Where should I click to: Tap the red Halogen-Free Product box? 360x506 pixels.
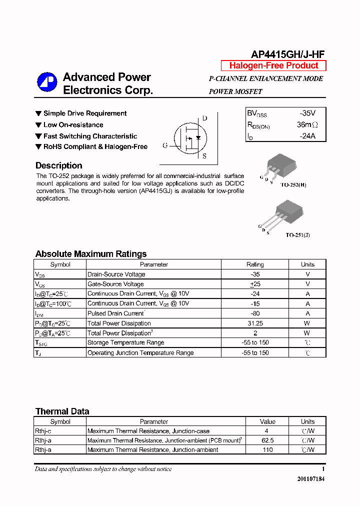[x=273, y=65]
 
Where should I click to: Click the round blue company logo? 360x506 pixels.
[x=47, y=83]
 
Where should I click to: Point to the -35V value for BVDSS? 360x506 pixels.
[x=307, y=113]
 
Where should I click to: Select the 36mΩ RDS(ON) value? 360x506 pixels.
[x=306, y=124]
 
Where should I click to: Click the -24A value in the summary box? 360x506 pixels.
[x=307, y=135]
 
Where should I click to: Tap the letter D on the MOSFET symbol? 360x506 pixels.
[x=204, y=118]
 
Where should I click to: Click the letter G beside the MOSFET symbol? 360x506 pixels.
[x=164, y=145]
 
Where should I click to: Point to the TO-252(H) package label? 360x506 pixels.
[x=293, y=184]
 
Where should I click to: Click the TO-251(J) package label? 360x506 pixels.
[x=297, y=234]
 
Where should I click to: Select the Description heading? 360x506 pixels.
[x=58, y=165]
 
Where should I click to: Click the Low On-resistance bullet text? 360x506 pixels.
[x=73, y=125]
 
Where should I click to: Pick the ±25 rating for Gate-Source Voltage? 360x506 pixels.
[x=255, y=284]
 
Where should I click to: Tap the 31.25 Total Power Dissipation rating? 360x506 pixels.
[x=255, y=323]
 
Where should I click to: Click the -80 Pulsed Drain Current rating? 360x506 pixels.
[x=255, y=313]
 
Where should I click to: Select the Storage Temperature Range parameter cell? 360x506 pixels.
[x=125, y=343]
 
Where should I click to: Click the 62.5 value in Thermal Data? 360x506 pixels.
[x=267, y=440]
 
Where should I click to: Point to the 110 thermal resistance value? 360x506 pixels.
[x=267, y=450]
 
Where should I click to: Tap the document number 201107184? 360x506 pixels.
[x=310, y=479]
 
